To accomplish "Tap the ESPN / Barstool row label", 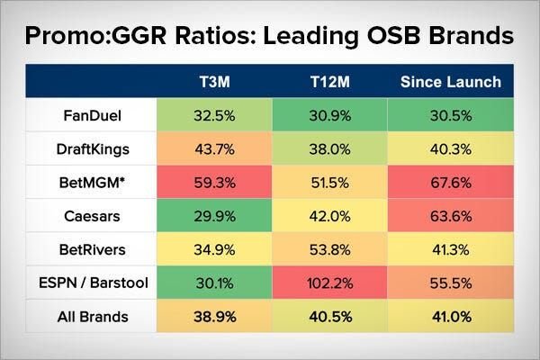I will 93,284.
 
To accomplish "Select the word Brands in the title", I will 472,37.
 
